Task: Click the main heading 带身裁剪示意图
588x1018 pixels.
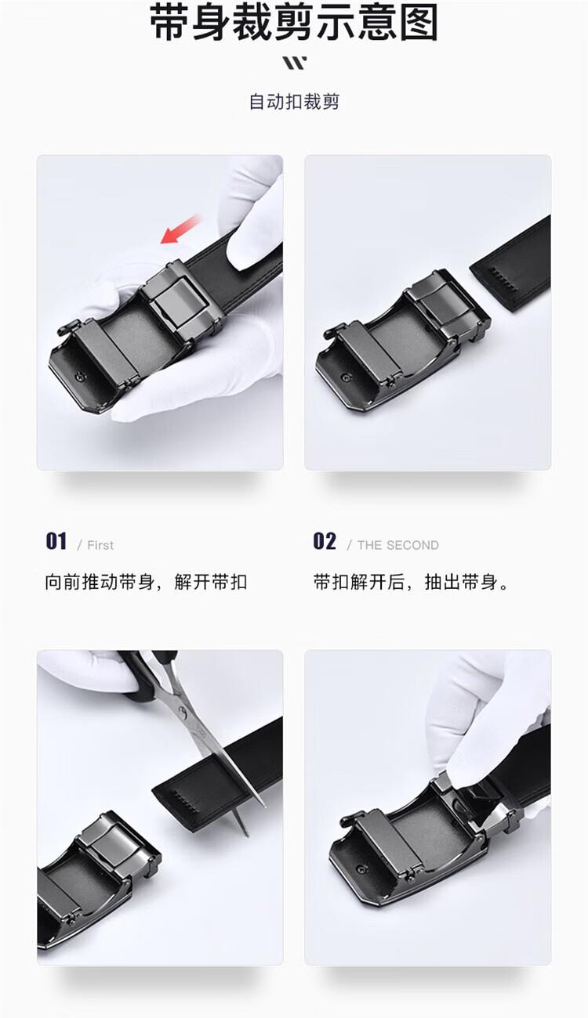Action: (294, 22)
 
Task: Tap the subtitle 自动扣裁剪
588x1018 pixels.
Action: (294, 101)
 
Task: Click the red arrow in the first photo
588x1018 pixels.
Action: (180, 229)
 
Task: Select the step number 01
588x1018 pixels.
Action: (56, 541)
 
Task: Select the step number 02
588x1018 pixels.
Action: (325, 541)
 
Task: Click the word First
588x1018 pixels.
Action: (100, 545)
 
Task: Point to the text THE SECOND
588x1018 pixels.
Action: (397, 545)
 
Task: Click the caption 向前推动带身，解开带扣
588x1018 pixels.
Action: (146, 582)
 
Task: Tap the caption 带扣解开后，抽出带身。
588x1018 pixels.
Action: (411, 582)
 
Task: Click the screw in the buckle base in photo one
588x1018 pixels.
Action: (81, 376)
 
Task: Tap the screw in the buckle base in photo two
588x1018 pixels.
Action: (347, 377)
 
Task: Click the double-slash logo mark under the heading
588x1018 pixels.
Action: (295, 63)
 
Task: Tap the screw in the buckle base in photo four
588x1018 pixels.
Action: (361, 869)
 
